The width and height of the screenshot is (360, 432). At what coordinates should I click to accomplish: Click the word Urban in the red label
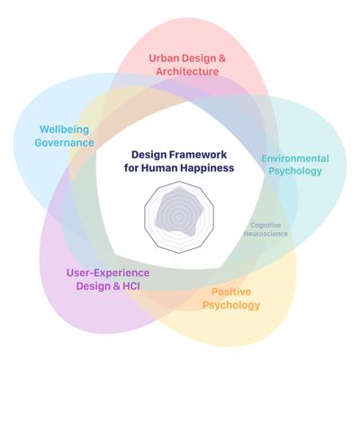164,58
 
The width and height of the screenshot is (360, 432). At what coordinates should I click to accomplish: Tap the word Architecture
187,71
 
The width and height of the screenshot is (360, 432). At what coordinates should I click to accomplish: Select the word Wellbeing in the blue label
64,130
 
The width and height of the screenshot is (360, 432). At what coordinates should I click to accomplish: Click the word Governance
64,142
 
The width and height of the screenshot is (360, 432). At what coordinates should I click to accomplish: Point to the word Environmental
295,158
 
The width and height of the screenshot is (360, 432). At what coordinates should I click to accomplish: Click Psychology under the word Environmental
295,171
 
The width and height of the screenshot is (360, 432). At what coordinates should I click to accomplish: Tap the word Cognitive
265,225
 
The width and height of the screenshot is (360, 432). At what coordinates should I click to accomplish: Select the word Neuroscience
265,233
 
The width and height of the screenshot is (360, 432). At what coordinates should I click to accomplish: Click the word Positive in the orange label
231,292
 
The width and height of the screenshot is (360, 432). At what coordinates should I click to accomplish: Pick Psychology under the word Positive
231,305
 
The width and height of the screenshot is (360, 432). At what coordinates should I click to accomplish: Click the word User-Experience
108,273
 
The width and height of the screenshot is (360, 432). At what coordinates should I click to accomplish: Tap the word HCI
131,286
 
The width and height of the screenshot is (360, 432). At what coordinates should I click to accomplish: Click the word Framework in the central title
198,155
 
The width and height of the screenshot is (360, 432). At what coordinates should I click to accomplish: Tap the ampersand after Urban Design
222,58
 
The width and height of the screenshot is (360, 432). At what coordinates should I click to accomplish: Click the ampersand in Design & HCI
117,286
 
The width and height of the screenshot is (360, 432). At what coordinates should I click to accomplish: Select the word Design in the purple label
94,286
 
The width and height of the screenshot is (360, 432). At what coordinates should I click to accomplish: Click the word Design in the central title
149,155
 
